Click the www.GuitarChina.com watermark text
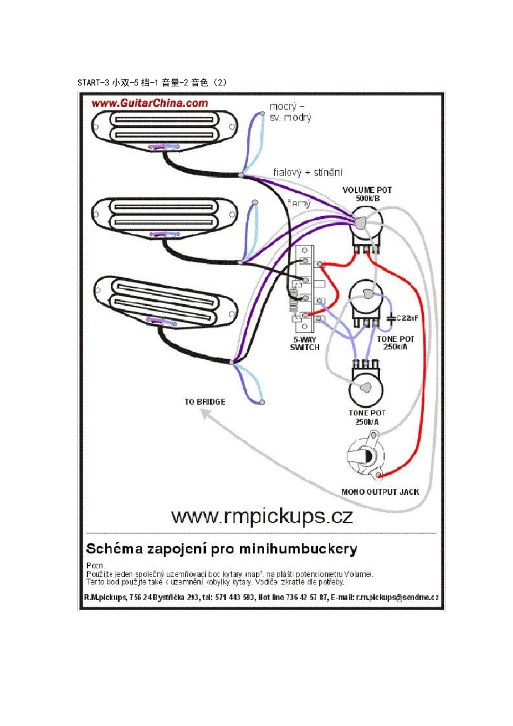click(x=150, y=103)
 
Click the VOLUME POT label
click(x=367, y=190)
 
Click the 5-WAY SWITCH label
click(x=305, y=344)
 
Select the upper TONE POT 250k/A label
click(x=395, y=343)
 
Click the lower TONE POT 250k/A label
click(x=367, y=417)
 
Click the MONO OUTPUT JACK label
click(x=380, y=492)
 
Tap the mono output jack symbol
click(x=367, y=456)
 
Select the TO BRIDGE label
click(x=205, y=402)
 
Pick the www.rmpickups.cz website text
click(x=262, y=516)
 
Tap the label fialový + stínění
click(x=307, y=172)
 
